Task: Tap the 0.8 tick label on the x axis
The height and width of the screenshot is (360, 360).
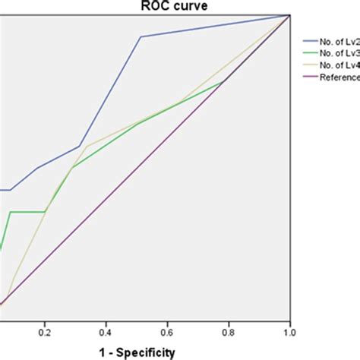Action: (229, 332)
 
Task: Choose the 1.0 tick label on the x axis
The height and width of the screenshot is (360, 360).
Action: (290, 332)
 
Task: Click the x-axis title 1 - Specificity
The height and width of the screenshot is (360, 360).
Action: (133, 352)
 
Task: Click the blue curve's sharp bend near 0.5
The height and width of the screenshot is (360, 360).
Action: (141, 36)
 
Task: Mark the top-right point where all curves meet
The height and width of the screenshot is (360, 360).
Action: (290, 14)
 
